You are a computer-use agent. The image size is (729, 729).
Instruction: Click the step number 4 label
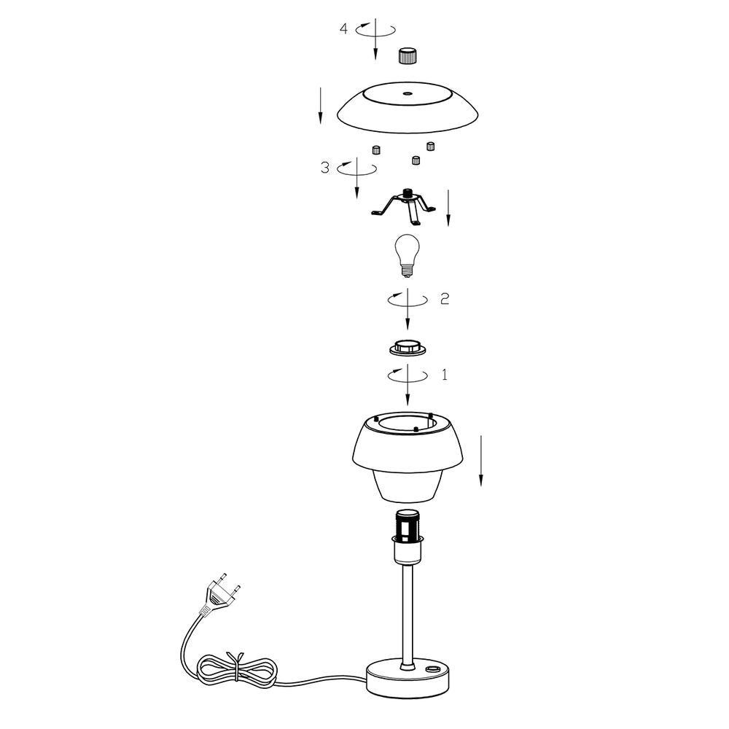343,29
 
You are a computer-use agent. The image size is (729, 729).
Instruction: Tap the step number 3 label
325,168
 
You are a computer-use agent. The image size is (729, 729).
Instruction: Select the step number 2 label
445,299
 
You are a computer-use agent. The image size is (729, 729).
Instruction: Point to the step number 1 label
445,375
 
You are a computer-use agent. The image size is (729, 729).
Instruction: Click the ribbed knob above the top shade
408,55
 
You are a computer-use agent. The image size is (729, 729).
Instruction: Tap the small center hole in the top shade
408,93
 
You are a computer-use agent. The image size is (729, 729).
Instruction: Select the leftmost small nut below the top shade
375,149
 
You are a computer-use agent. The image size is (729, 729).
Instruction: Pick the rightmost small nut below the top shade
431,146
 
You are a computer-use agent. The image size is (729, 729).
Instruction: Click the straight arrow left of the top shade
320,106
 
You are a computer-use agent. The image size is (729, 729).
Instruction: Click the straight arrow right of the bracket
448,208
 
